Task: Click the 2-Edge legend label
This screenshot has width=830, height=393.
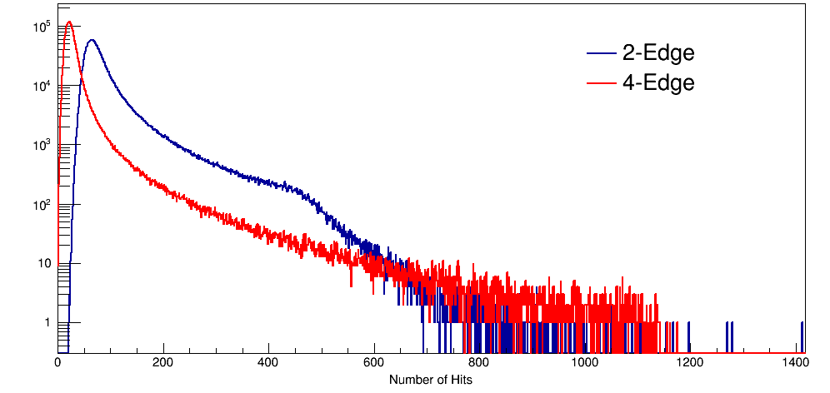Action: (657, 53)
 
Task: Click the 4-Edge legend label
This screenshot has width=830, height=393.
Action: (657, 82)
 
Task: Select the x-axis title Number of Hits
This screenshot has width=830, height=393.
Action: (430, 380)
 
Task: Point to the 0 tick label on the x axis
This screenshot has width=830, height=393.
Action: (57, 363)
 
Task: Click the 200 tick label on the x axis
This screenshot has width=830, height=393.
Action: (163, 363)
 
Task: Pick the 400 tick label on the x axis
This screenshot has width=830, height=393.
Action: (268, 363)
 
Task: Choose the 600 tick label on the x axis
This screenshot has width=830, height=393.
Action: (374, 363)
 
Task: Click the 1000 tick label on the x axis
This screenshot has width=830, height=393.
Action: (584, 363)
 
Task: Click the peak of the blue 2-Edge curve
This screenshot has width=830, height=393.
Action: (91, 39)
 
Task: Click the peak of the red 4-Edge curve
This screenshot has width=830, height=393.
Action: (69, 22)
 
